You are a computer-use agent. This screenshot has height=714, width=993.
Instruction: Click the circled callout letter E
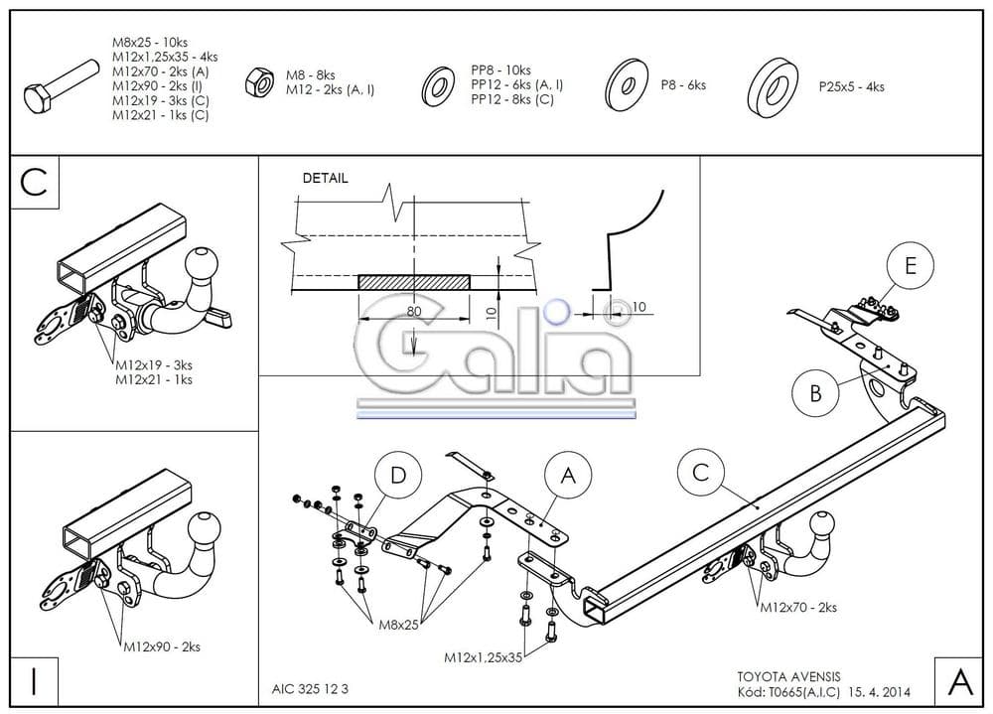pyautogui.click(x=912, y=264)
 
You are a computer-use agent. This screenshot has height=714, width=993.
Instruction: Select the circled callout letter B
pyautogui.click(x=815, y=392)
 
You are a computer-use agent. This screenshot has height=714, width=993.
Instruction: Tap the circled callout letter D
pyautogui.click(x=398, y=476)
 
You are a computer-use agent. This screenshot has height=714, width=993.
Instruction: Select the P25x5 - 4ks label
pyautogui.click(x=851, y=86)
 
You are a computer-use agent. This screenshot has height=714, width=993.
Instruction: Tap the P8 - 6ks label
pyautogui.click(x=683, y=85)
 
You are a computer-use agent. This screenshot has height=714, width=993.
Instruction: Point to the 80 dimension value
pyautogui.click(x=413, y=311)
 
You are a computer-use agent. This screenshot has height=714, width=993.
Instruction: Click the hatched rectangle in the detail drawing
pyautogui.click(x=413, y=283)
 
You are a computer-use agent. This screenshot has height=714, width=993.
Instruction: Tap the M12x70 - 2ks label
pyautogui.click(x=798, y=607)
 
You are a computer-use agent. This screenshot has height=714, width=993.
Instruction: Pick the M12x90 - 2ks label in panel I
pyautogui.click(x=162, y=646)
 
